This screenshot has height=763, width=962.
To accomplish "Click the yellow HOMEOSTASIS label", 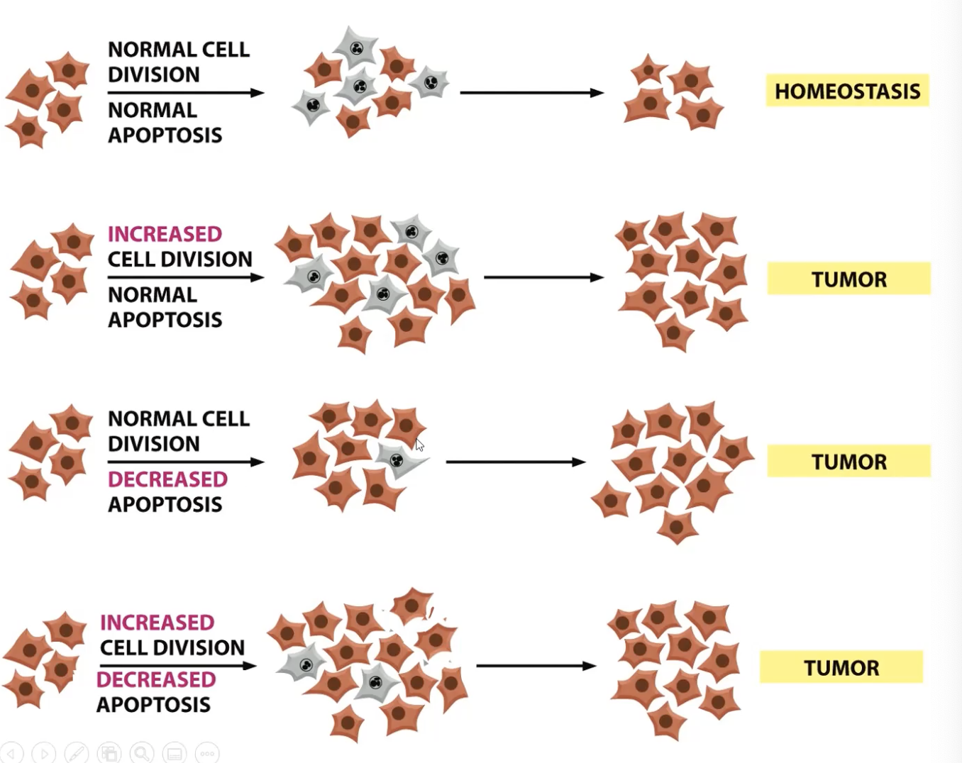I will coord(847,91).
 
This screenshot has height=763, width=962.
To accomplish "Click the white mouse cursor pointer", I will coord(419,445).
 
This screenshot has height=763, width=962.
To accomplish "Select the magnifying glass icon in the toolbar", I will coord(142,752).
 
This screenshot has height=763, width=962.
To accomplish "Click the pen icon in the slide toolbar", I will coord(77,752).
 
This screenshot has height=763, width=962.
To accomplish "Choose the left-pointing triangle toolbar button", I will coord(11,752).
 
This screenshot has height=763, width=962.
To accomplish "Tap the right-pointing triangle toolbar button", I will coord(44,752).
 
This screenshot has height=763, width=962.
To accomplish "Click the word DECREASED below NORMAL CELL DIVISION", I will coord(167,479).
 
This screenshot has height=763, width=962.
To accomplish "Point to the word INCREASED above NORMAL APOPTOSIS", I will coord(165,234).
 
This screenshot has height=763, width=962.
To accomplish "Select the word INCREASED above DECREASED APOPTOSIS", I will coord(157,623).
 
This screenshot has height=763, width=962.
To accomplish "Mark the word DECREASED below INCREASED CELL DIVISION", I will coord(156,679).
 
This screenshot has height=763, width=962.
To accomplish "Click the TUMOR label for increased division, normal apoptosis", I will coord(848,279).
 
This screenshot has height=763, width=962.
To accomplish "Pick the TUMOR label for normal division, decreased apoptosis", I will coord(848,462).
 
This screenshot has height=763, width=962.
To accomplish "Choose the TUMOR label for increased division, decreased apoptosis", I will coord(841,667).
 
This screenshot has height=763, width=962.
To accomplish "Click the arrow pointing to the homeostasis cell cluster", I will coord(531,92).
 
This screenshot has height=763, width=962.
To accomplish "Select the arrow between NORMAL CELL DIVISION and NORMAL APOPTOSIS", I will coord(185,92).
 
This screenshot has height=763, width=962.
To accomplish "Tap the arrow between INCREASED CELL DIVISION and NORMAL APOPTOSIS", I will coord(185,277).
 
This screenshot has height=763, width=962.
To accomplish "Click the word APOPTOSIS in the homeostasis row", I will coord(165,135).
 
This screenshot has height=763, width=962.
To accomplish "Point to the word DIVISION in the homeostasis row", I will coord(154,74).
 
